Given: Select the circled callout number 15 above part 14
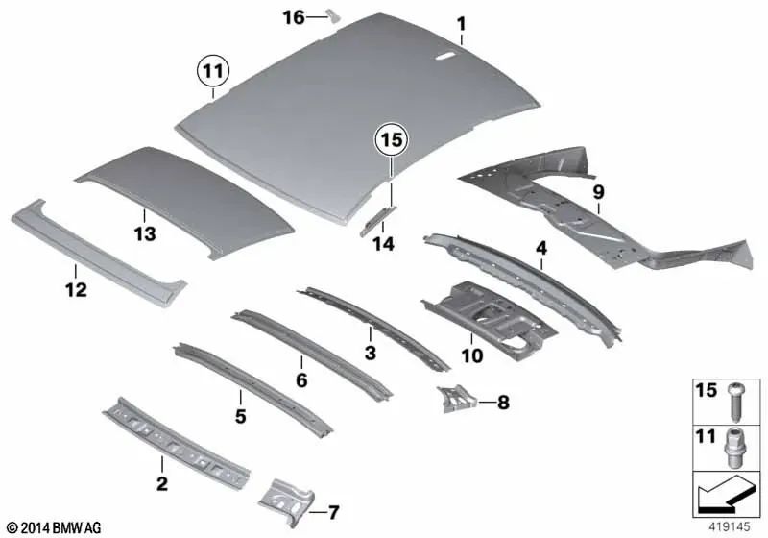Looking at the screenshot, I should tap(390, 141).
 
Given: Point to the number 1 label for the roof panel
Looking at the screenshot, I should tap(461, 22).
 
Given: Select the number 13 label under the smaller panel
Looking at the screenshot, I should tap(144, 232).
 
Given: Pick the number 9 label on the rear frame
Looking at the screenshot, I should tap(598, 192).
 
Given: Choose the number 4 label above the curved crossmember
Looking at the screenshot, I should tap(541, 248).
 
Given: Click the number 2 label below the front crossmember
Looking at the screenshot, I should tap(161, 483).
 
